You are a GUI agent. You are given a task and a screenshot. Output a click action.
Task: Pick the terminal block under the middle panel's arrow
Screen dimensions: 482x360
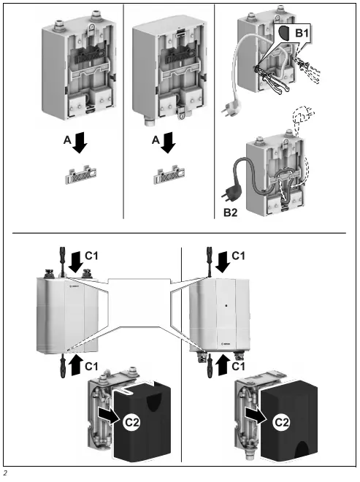point(169,177)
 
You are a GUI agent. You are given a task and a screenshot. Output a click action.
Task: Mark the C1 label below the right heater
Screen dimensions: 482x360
point(240,364)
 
